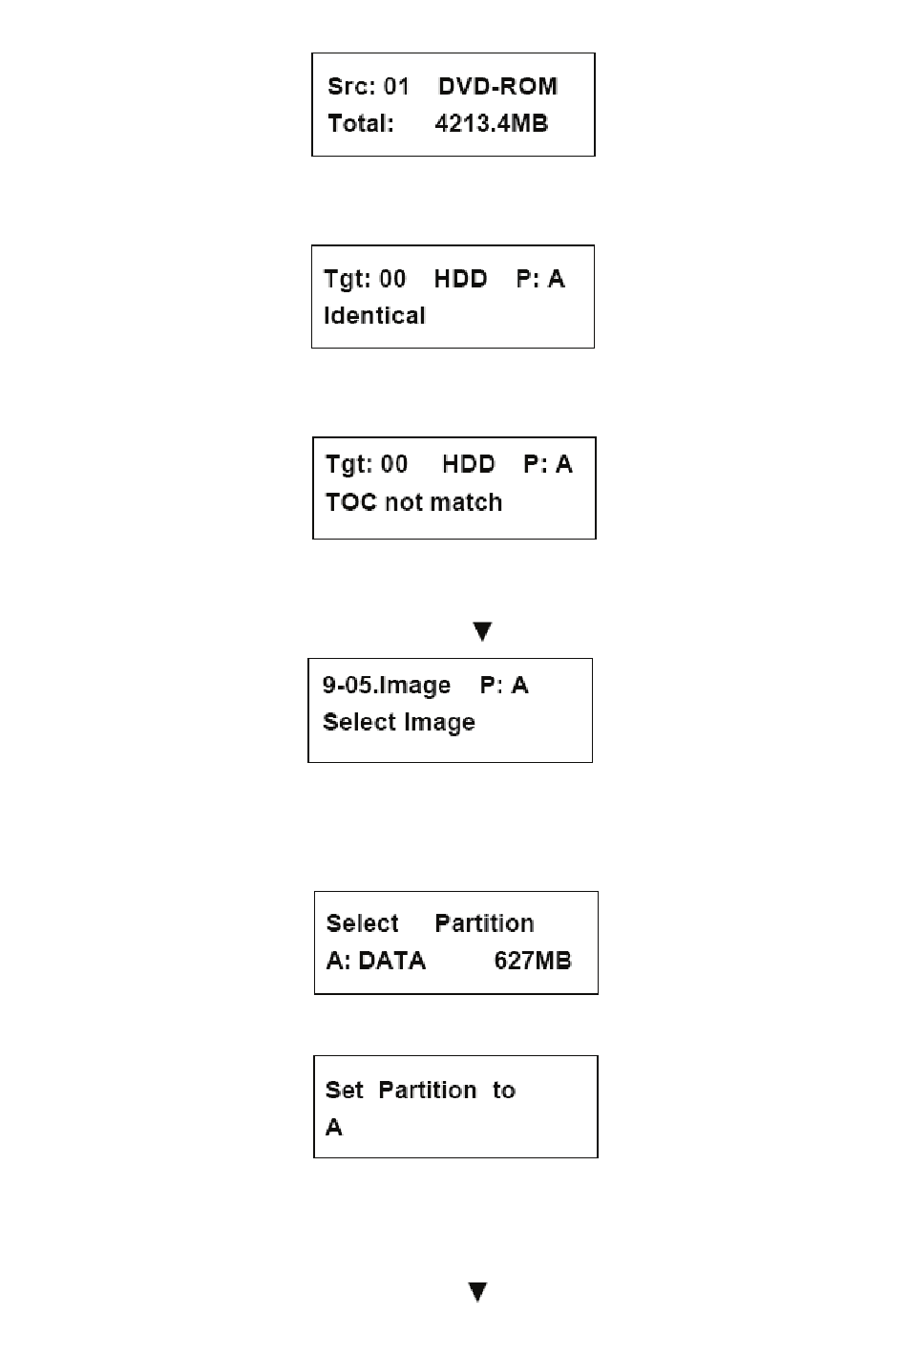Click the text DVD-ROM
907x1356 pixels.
pos(497,87)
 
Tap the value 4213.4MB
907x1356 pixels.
pos(492,123)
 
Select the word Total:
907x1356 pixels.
pos(361,123)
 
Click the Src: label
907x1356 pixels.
pos(351,87)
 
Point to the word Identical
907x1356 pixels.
pos(374,315)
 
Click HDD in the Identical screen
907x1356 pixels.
pos(460,279)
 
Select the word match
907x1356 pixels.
pos(466,502)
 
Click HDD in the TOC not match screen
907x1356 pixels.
pos(469,464)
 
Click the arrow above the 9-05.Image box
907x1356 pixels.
pos(482,631)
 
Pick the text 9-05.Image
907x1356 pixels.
pos(387,686)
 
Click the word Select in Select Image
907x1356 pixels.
pos(359,722)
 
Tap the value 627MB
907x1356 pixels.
pos(533,961)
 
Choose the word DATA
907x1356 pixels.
pos(392,961)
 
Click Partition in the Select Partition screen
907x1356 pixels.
pos(484,923)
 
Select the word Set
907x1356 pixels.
pos(345,1091)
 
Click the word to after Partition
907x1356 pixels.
pos(503,1091)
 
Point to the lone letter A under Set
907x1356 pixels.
pos(333,1127)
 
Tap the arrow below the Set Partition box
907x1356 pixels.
pos(478,1291)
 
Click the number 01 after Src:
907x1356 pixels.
pos(396,87)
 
